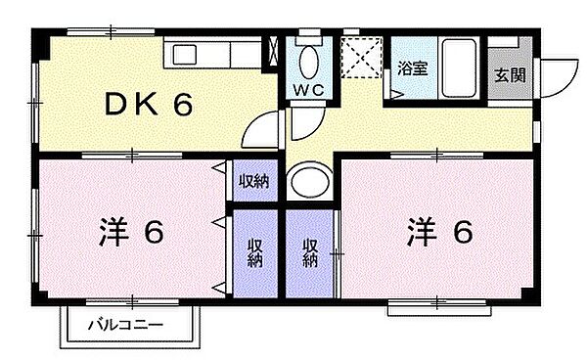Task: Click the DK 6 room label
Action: (149, 104)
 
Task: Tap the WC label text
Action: (308, 90)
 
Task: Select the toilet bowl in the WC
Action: (309, 63)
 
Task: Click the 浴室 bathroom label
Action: (412, 68)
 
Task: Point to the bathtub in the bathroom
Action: (459, 67)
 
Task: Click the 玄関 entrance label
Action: (510, 75)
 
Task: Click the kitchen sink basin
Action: (184, 55)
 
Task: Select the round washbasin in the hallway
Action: (310, 182)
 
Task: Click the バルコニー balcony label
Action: (125, 324)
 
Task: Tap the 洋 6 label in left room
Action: (131, 232)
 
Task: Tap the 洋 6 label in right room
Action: (440, 232)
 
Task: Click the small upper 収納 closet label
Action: (254, 181)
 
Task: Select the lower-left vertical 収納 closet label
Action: (254, 252)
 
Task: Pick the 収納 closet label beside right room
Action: (310, 252)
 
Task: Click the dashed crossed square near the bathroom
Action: (361, 58)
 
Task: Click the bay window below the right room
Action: (439, 307)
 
